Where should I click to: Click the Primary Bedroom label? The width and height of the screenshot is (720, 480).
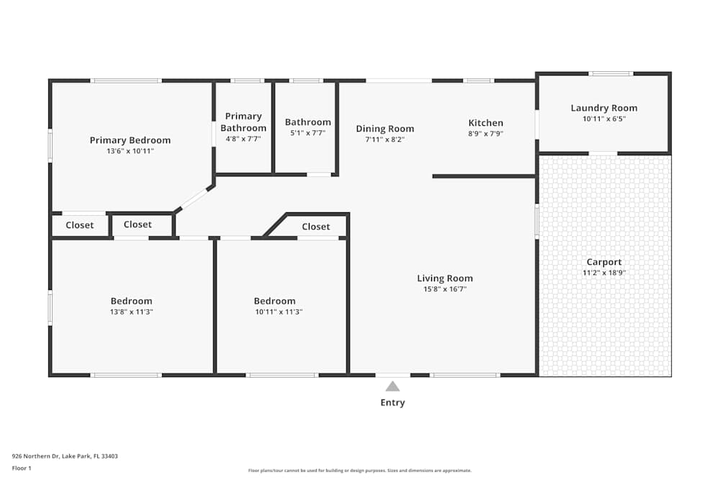point(130,140)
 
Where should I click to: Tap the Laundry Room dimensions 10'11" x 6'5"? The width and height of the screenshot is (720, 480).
point(603,119)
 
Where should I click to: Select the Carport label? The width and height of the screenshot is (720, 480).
point(603,262)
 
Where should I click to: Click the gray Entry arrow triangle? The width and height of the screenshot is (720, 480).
point(392,386)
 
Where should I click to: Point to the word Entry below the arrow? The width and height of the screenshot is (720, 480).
point(392,403)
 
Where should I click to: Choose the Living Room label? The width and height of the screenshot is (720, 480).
point(445,279)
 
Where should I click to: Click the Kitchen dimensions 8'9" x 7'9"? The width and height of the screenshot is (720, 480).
point(485,134)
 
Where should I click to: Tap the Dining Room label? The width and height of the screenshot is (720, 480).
point(384,129)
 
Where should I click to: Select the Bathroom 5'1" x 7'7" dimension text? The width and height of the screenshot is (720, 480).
point(307,133)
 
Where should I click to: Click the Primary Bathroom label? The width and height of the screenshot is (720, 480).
point(243,122)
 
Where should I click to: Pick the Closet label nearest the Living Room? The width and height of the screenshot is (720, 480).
point(315,227)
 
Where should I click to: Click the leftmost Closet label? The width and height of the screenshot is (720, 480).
point(79,225)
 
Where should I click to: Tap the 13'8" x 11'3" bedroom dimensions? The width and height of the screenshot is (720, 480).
point(131,312)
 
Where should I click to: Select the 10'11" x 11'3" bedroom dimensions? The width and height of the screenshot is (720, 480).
point(274,312)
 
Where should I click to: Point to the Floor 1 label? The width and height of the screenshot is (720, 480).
point(22,468)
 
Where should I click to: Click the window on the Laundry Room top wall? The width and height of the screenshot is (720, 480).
point(611,73)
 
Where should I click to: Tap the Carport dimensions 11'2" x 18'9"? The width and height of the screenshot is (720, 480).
point(603,273)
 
